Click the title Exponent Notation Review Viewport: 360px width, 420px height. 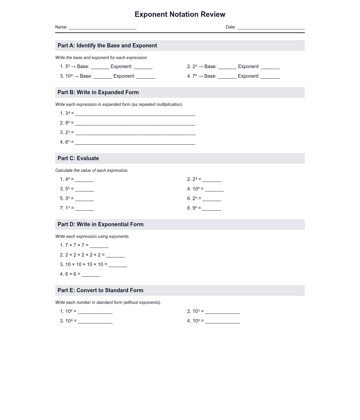[180, 14]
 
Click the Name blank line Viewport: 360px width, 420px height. [103, 28]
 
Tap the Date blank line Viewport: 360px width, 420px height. [271, 28]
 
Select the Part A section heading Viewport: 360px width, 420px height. [107, 46]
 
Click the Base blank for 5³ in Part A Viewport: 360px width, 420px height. [100, 67]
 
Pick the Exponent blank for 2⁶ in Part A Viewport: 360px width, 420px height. [270, 67]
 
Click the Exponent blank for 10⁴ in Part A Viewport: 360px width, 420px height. [146, 77]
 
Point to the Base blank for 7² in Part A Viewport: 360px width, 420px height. [227, 77]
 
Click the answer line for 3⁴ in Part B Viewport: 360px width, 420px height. [135, 114]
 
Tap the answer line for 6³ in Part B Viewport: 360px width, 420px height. [135, 143]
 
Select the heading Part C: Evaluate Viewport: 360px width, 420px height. [78, 158]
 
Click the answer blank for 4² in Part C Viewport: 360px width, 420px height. [84, 180]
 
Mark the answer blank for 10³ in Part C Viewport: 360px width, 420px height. [214, 190]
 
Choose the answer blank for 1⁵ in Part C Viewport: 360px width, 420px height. [85, 209]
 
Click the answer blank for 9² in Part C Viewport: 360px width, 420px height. [211, 209]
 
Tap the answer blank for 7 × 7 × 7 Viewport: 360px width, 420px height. [99, 246]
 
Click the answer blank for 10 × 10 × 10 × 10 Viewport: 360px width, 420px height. [118, 265]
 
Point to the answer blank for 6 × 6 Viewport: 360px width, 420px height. [91, 275]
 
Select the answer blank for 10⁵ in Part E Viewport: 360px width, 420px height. [222, 312]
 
